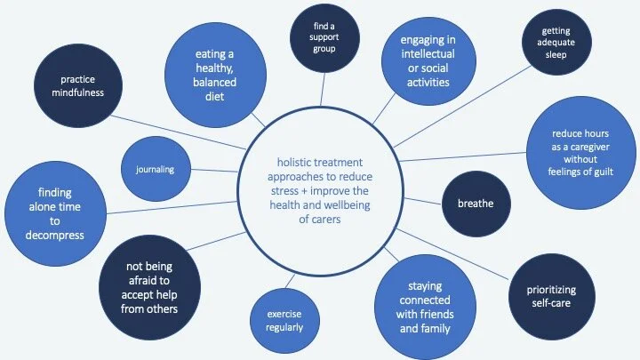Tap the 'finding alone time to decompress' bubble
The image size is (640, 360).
[48, 213]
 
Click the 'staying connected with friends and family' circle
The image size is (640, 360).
[426, 306]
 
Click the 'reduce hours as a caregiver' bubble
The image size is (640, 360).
[580, 152]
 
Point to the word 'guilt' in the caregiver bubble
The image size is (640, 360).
[604, 171]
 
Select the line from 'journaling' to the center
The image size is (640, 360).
[212, 170]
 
